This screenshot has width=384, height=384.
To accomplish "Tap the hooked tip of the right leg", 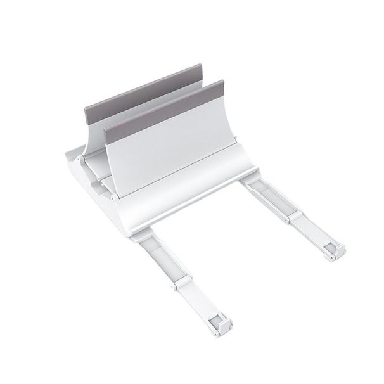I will (x=333, y=253).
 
